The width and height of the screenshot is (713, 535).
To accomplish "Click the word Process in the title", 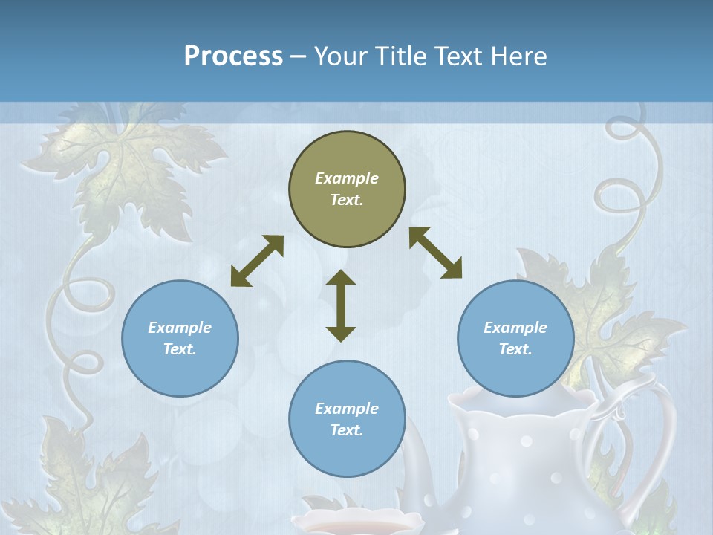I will (233, 56).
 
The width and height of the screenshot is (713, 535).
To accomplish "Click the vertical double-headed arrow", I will (341, 305).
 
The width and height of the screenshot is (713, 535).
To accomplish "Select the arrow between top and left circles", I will (257, 261).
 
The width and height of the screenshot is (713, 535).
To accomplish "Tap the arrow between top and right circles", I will (435, 253).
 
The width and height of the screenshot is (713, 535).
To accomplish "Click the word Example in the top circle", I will (347, 178).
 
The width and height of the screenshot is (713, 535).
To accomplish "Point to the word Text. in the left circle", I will (180, 349).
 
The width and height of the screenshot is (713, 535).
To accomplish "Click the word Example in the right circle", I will (515, 328).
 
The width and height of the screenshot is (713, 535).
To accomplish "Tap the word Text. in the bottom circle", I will (347, 430).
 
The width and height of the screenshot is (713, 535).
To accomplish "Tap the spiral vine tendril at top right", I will (631, 163).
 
